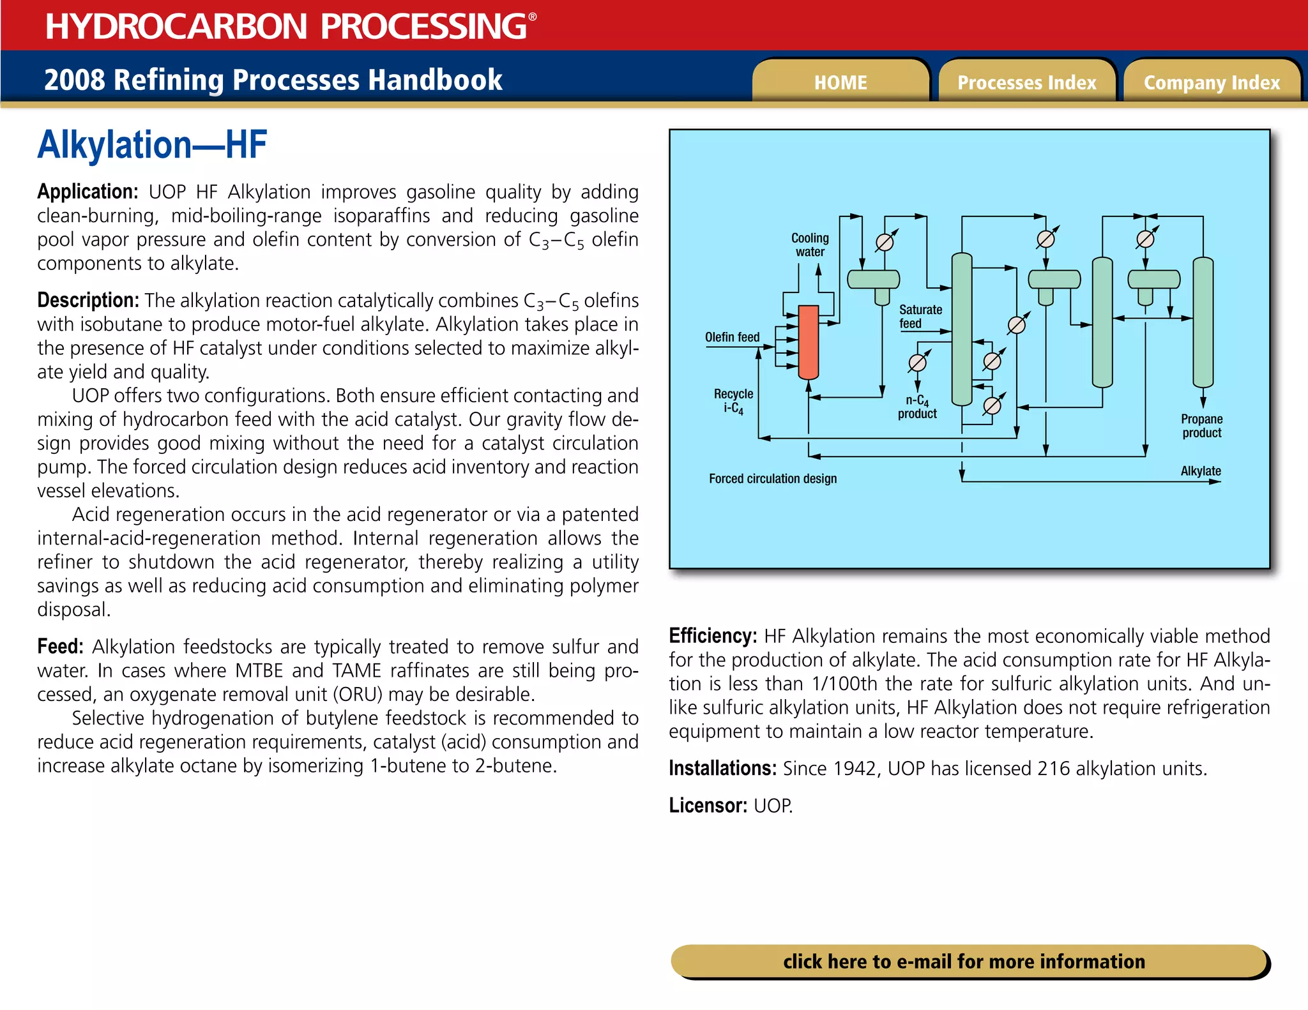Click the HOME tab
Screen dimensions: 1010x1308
840,82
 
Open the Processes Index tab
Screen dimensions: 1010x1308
1026,82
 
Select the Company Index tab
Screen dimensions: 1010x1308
1212,82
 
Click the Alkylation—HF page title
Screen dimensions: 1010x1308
152,145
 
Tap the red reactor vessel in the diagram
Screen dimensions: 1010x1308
809,342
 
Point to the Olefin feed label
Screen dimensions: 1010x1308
732,337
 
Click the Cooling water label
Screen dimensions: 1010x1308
810,245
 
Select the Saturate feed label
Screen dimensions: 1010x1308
920,316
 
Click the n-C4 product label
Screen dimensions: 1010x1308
917,407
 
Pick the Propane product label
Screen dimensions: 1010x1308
1201,426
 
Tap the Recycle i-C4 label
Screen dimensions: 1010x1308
733,401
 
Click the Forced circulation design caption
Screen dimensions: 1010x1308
772,479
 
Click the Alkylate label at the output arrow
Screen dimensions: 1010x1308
1200,471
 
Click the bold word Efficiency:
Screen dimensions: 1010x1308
712,636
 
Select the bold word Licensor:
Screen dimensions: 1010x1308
708,806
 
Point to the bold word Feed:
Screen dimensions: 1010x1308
60,647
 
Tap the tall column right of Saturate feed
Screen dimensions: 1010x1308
962,329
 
